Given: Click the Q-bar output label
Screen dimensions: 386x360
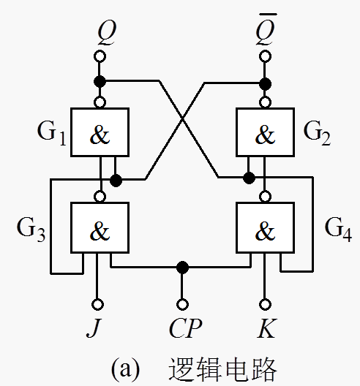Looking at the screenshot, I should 265,31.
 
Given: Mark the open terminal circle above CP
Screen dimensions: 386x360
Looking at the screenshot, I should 181,303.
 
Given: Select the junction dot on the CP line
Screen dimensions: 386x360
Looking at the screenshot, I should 182,267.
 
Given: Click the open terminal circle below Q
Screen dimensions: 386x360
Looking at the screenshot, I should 100,56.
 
